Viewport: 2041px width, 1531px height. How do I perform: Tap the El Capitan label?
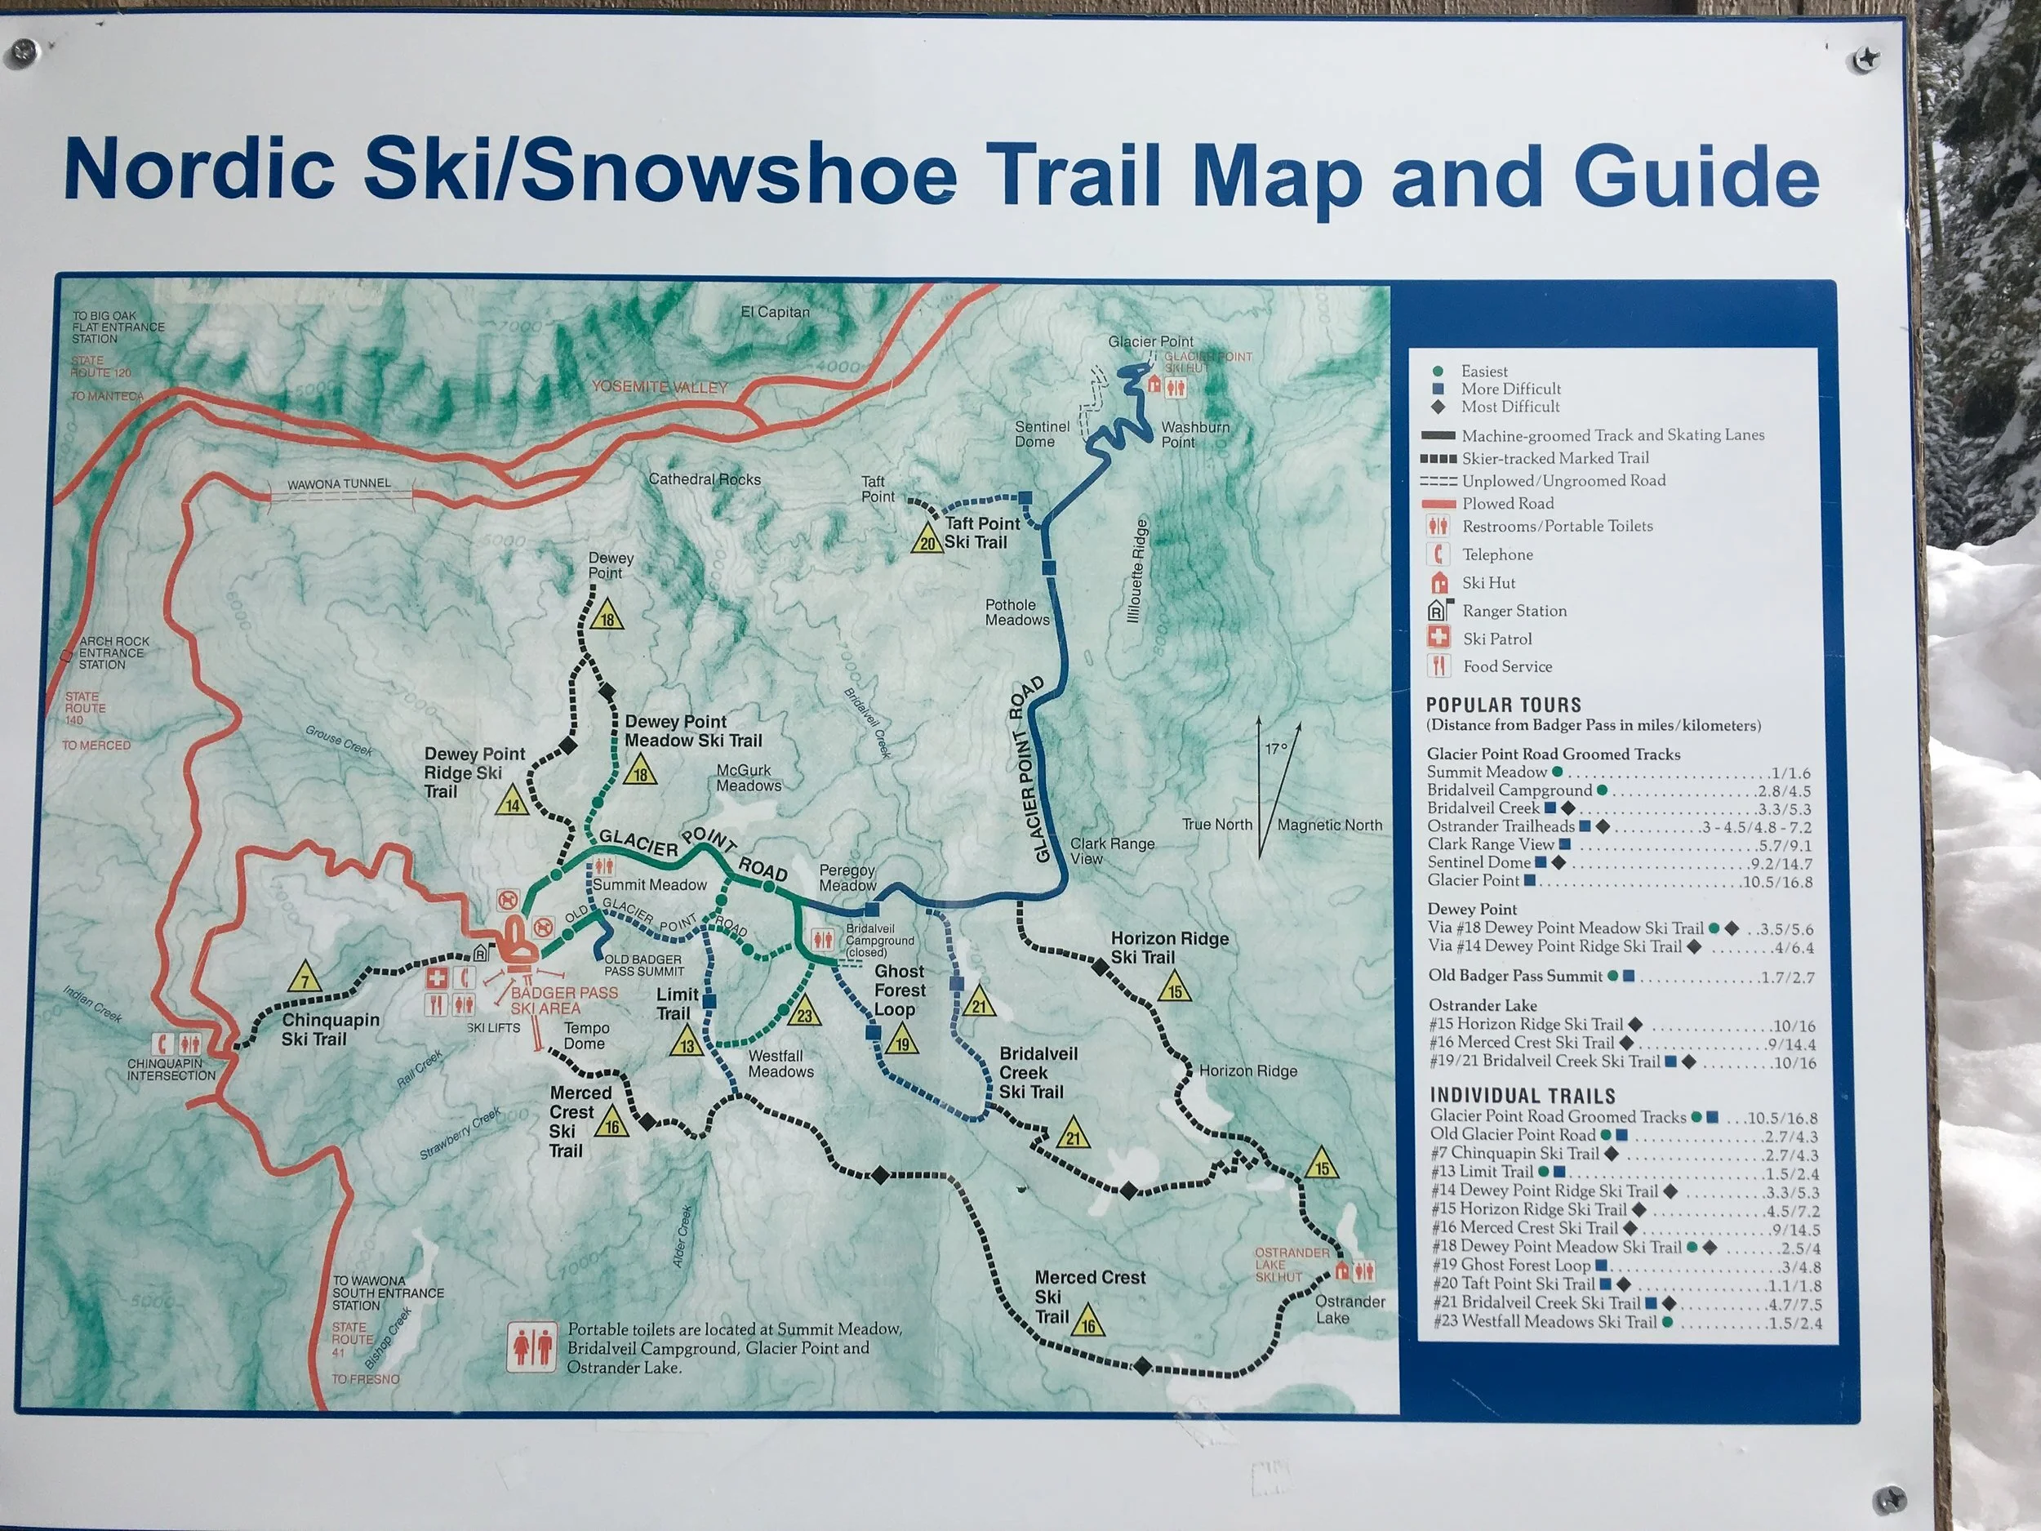(x=775, y=312)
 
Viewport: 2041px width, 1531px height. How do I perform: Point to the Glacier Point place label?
(x=1149, y=341)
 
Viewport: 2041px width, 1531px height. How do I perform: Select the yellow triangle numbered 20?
(x=927, y=540)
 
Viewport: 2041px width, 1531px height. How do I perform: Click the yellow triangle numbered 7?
(x=305, y=978)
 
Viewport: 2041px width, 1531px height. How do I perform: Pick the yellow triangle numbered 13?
(x=687, y=1043)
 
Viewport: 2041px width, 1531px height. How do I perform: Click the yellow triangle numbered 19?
(x=901, y=1041)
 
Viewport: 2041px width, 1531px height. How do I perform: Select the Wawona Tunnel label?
(x=339, y=483)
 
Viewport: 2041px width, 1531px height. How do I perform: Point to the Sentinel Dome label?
(x=1042, y=434)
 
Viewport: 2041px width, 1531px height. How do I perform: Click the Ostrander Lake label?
(x=1349, y=1309)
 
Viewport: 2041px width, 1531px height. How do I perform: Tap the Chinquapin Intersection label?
(x=171, y=1069)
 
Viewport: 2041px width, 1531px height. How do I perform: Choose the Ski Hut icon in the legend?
(x=1438, y=583)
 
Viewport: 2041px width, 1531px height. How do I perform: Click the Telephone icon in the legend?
(x=1438, y=554)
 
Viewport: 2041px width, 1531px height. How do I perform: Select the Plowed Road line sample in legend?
(x=1438, y=504)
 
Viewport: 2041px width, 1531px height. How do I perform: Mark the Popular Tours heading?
(x=1503, y=705)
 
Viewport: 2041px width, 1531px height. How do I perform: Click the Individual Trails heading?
(x=1523, y=1096)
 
